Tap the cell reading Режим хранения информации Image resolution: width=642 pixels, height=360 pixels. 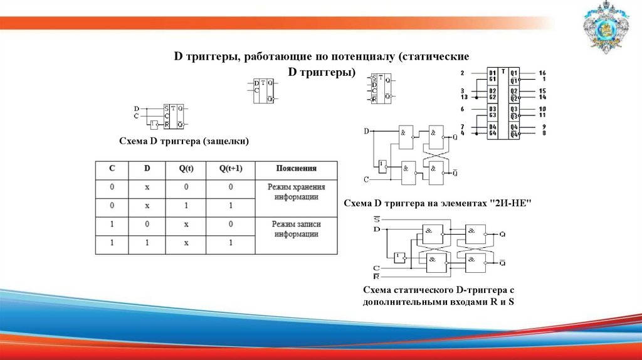(296, 192)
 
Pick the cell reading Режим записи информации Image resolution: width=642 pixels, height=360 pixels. (296, 228)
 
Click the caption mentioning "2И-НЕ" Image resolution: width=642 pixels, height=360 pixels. (438, 203)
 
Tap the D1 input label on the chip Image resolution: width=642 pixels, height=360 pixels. (493, 73)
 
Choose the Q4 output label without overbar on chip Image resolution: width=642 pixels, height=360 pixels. (513, 127)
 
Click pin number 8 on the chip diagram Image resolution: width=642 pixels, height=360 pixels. (544, 133)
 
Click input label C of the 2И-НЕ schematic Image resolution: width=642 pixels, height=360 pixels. (366, 180)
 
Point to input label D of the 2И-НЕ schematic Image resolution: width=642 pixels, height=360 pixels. (366, 131)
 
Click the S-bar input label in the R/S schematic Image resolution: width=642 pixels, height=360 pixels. (376, 220)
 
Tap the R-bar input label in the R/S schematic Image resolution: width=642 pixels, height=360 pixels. (376, 275)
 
